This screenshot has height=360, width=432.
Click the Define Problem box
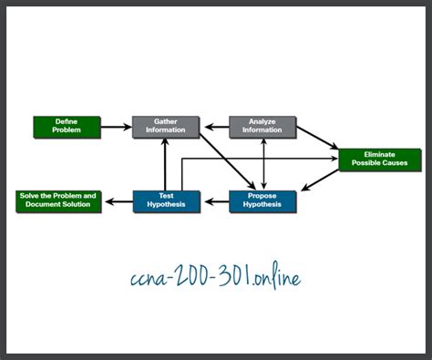(67, 127)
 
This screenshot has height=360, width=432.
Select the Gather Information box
(165, 127)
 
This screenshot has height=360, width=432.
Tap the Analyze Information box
(262, 127)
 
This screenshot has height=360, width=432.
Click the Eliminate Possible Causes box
(379, 159)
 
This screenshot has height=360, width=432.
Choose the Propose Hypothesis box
(262, 201)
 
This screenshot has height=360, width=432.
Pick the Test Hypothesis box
(165, 201)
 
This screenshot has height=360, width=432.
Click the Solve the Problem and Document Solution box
(57, 201)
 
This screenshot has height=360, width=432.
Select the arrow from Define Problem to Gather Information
(116, 127)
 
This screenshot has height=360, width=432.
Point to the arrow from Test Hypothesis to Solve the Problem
(118, 201)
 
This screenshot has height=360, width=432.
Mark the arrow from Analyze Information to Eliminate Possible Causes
(317, 136)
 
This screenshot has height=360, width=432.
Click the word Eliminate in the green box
(379, 155)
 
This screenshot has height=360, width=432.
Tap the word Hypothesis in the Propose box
(262, 205)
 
